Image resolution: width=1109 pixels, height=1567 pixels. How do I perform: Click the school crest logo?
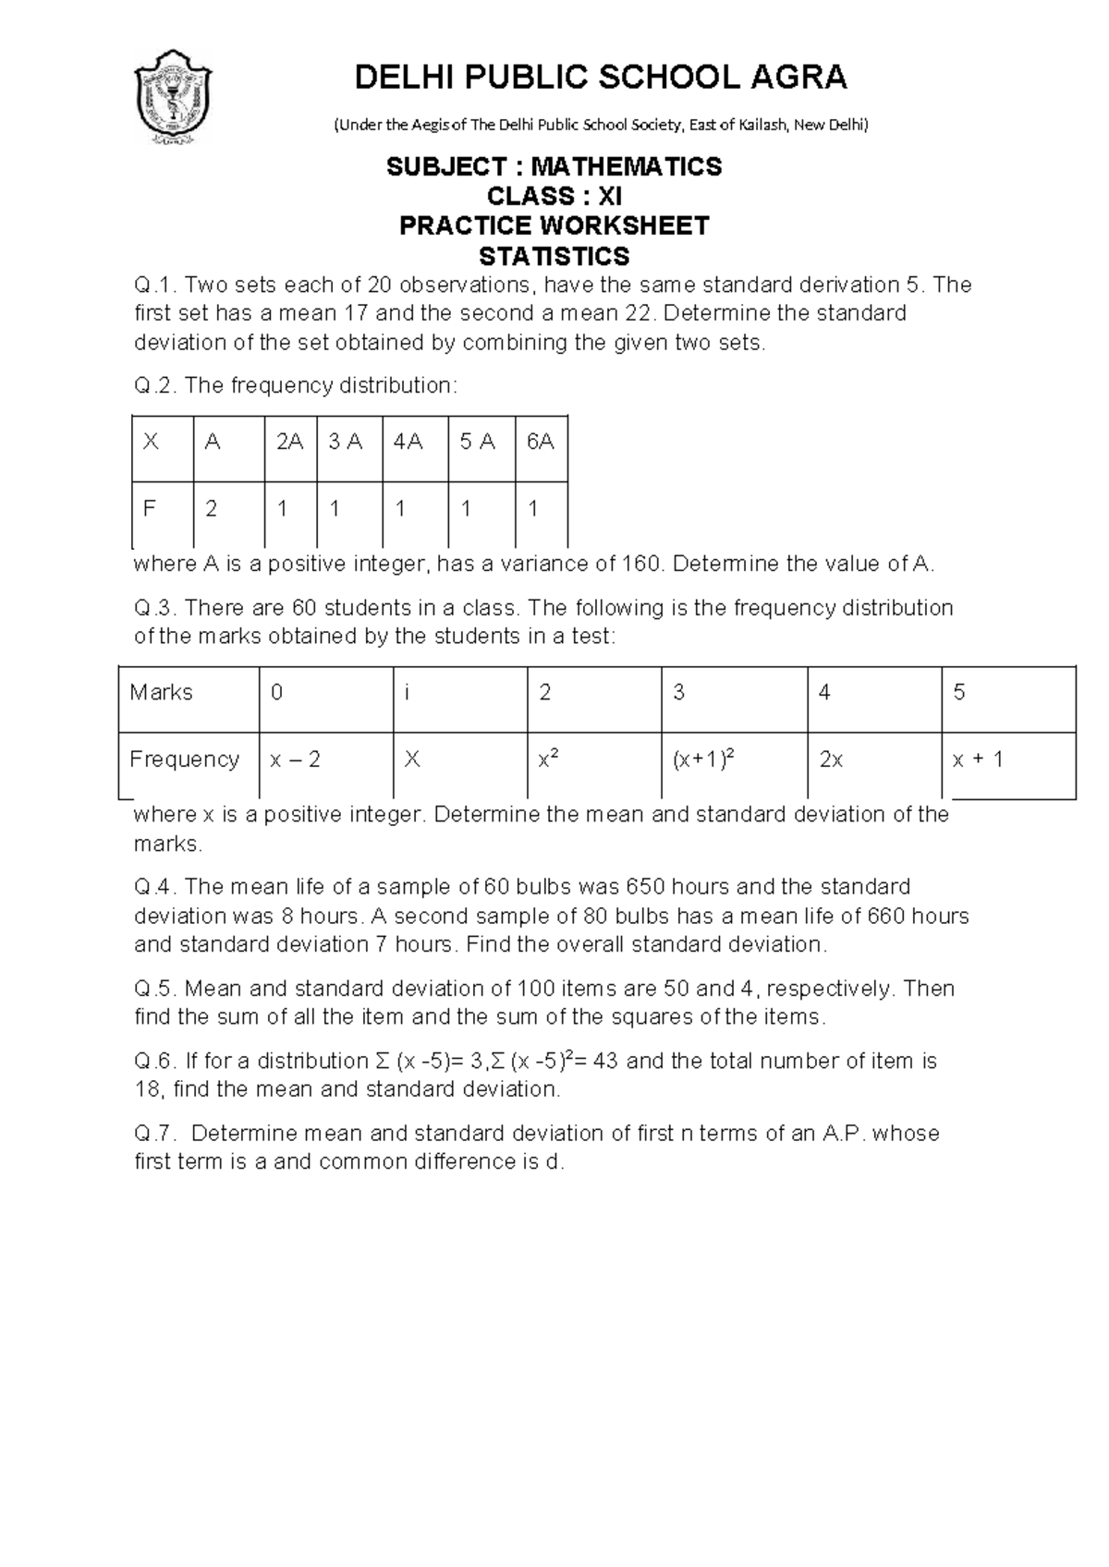click(x=174, y=97)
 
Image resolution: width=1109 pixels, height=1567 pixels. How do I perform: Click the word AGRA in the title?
click(x=800, y=78)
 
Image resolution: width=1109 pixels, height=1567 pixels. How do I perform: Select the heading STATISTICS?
click(x=554, y=256)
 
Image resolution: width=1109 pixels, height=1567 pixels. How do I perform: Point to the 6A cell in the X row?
click(x=541, y=443)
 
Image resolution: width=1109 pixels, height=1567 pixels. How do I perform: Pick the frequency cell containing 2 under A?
click(x=212, y=509)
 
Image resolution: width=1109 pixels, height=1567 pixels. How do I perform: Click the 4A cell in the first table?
click(x=408, y=443)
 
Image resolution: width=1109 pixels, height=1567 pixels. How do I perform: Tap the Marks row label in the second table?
click(x=162, y=692)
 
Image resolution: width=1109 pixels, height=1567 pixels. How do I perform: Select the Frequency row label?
click(x=184, y=759)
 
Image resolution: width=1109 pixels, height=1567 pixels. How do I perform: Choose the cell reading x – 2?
click(x=295, y=759)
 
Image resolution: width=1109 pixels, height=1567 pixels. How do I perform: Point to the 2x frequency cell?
click(x=831, y=759)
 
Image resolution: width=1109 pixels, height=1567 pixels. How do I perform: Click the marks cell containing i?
click(x=407, y=692)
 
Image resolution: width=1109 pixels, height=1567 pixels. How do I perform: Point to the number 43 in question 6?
click(x=605, y=1061)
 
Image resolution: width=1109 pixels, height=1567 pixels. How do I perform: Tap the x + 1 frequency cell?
click(x=978, y=759)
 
